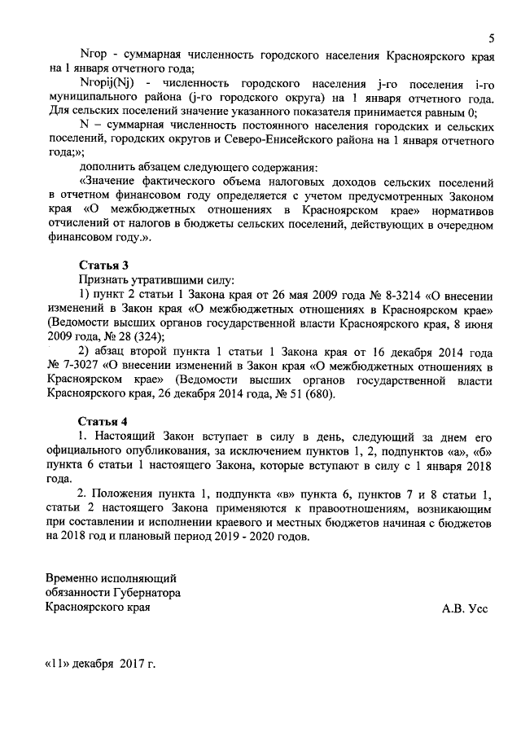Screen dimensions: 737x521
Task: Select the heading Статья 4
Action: [x=103, y=421]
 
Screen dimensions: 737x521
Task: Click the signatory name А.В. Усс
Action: [x=465, y=609]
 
